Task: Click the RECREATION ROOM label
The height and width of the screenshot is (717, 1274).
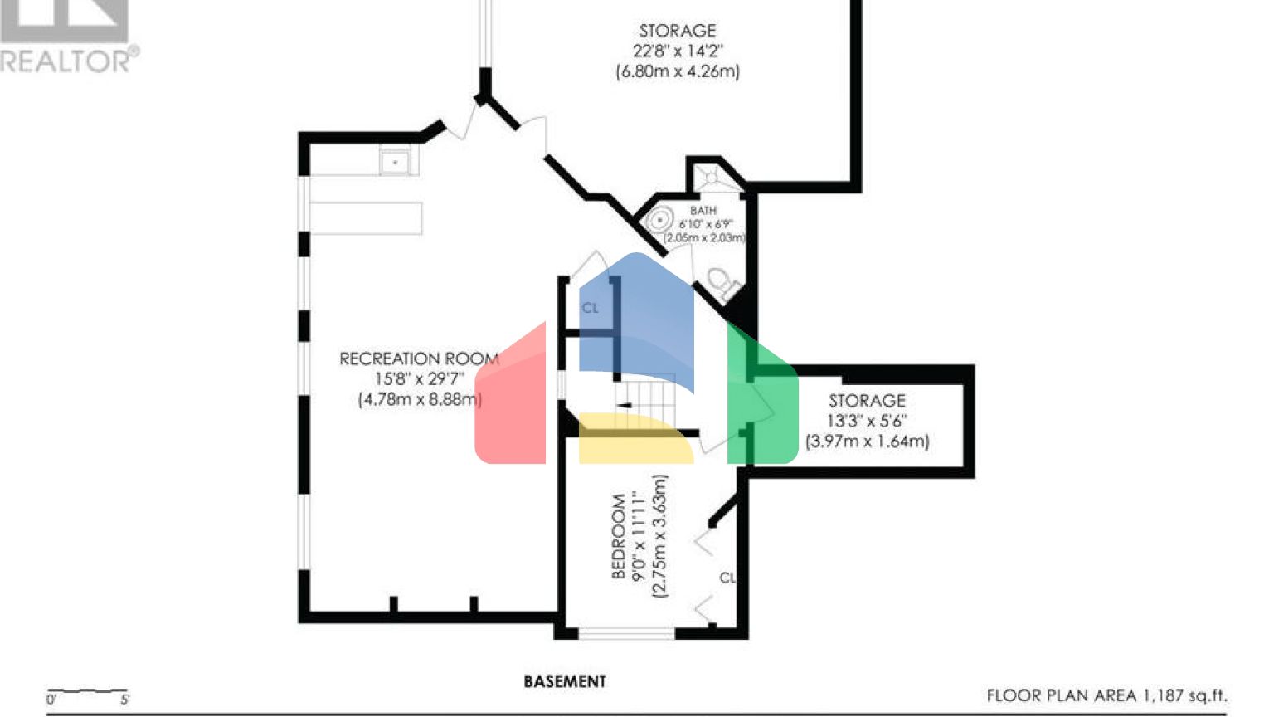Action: pos(419,358)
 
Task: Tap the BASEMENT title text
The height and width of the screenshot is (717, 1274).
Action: pos(565,681)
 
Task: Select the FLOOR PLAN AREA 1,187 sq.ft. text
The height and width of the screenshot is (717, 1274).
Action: pos(1106,695)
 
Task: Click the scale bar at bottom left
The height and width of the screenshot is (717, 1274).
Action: pos(87,692)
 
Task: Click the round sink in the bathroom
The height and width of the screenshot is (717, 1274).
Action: pos(659,222)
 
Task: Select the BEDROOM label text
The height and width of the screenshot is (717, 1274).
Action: pos(619,536)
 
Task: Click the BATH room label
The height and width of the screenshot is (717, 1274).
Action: pos(703,211)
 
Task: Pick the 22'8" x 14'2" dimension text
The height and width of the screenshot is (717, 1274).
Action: pos(678,51)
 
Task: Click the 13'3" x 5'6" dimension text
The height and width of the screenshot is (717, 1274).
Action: pos(867,421)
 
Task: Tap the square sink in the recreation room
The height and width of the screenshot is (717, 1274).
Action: pos(396,161)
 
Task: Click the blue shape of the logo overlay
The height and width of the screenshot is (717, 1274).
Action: pos(635,319)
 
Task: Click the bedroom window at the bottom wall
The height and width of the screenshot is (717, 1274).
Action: pos(626,634)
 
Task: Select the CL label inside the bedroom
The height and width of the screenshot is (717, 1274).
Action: pos(727,577)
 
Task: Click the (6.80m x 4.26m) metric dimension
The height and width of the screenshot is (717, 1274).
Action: pos(678,71)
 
